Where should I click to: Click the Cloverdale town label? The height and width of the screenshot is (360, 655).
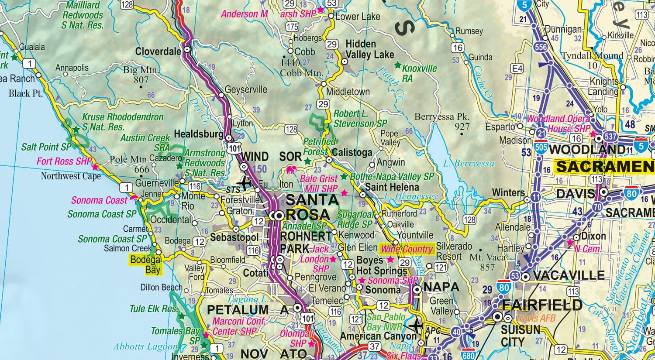[x=158, y=51]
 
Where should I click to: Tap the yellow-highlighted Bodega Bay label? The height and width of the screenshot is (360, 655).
[x=146, y=264]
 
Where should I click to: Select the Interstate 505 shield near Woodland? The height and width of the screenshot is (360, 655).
[x=541, y=147]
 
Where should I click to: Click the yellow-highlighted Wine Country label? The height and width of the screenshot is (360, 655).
[x=407, y=249]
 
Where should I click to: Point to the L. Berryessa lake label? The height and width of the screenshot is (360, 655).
[x=469, y=164]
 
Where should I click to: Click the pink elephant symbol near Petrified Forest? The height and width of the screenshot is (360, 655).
[x=291, y=169]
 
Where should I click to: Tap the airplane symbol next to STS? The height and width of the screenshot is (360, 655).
[x=246, y=182]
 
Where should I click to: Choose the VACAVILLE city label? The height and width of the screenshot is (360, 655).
[x=569, y=276]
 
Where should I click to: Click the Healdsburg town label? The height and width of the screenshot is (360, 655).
[x=199, y=134]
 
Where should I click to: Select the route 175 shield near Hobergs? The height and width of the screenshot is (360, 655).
[x=293, y=27]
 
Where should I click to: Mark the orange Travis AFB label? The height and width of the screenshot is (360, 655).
[x=535, y=318]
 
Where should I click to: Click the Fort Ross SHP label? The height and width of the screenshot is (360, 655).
[x=64, y=161]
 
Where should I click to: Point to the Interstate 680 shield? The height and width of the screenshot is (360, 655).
[x=468, y=354]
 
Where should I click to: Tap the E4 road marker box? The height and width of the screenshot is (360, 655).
[x=517, y=69]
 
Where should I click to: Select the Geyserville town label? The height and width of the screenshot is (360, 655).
[x=245, y=89]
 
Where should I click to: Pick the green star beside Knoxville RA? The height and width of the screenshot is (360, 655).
[x=397, y=65]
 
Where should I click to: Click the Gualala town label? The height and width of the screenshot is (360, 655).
[x=32, y=47]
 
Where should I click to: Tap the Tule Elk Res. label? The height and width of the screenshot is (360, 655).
[x=153, y=309]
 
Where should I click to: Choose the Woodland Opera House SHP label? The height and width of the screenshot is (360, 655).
[x=558, y=123]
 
